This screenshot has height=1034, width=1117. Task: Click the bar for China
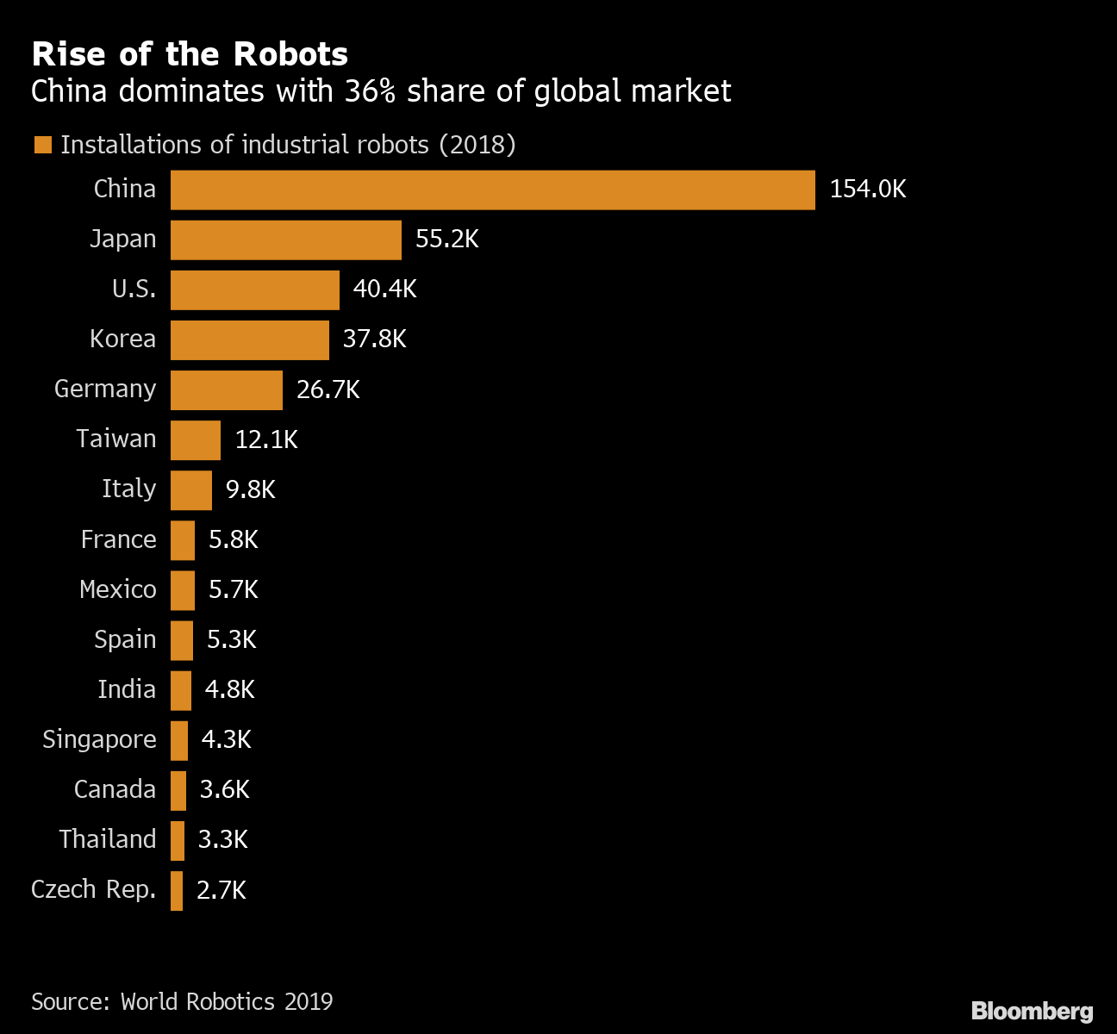pyautogui.click(x=492, y=190)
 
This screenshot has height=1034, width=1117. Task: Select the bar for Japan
pyautogui.click(x=285, y=240)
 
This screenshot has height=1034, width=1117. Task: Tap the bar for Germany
pyautogui.click(x=226, y=389)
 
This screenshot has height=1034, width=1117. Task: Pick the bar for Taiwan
pyautogui.click(x=195, y=439)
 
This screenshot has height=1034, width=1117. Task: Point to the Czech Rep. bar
pyautogui.click(x=177, y=890)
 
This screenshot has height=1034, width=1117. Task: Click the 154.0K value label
pyautogui.click(x=867, y=190)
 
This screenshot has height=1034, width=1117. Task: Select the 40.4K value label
pyautogui.click(x=384, y=290)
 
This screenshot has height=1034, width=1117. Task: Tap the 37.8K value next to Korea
pyautogui.click(x=374, y=339)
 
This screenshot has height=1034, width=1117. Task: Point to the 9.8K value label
pyautogui.click(x=250, y=489)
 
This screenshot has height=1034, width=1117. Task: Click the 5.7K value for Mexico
pyautogui.click(x=233, y=589)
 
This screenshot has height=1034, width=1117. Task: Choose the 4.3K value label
pyautogui.click(x=226, y=739)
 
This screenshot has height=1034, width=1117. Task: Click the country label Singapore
pyautogui.click(x=99, y=739)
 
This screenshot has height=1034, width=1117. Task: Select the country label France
pyautogui.click(x=118, y=539)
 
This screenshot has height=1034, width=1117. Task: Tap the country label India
pyautogui.click(x=127, y=689)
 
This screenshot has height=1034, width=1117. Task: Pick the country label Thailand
pyautogui.click(x=108, y=839)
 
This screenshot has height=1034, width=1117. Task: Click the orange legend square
pyautogui.click(x=42, y=145)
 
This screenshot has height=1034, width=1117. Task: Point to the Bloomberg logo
pyautogui.click(x=1032, y=1011)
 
